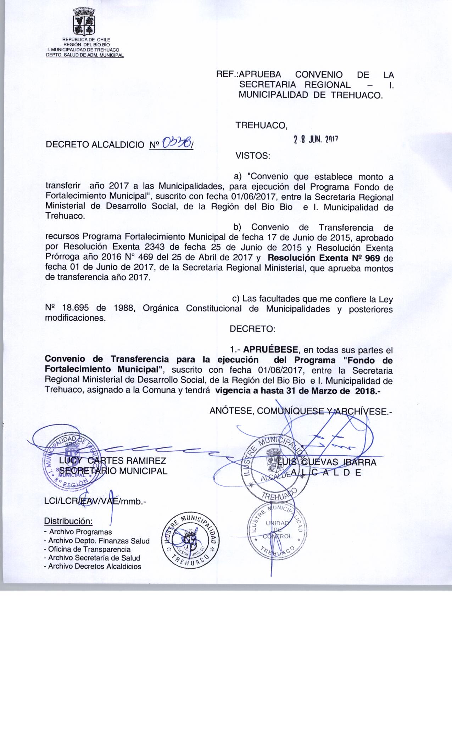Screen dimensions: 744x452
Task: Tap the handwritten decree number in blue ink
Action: [177, 143]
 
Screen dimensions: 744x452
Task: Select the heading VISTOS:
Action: [253, 156]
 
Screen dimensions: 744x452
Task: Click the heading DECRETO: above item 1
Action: [252, 329]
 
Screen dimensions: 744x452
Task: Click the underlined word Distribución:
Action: [68, 522]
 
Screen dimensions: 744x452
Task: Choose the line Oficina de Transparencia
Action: [87, 549]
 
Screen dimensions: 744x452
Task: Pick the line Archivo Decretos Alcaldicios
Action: [92, 567]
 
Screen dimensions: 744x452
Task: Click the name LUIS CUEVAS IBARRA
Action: [327, 462]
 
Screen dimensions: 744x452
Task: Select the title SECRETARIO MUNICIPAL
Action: [113, 471]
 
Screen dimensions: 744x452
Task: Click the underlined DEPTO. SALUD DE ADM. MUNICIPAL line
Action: [85, 55]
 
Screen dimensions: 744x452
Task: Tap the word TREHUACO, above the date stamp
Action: [262, 126]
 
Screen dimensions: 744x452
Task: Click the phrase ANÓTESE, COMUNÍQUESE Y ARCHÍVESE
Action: [301, 411]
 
